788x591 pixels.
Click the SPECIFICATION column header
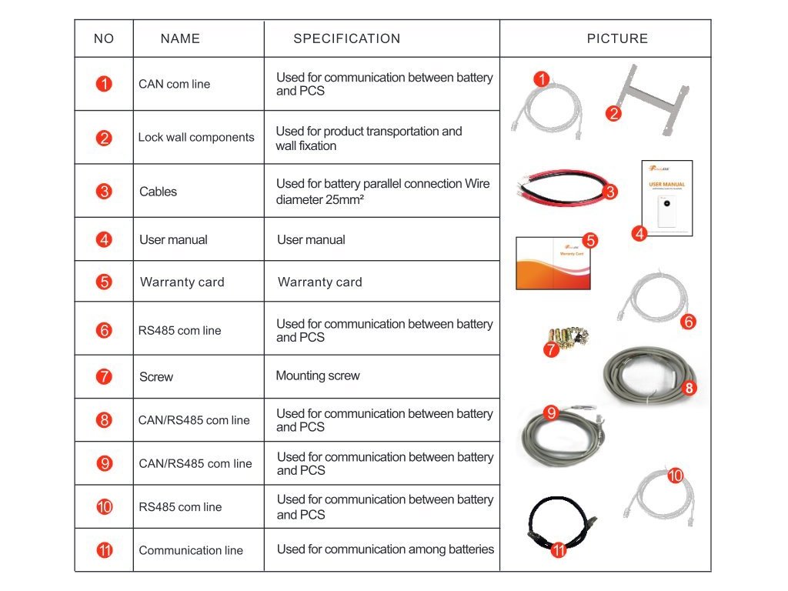point(347,38)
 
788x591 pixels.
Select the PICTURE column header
point(617,38)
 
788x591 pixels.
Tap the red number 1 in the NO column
point(104,84)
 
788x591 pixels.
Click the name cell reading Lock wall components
point(196,138)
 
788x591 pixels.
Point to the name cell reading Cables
point(159,192)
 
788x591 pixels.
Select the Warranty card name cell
point(182,282)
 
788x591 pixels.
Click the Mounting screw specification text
point(318,376)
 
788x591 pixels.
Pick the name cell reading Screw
point(156,377)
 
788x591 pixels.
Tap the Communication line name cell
point(191,550)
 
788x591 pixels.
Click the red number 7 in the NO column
point(104,377)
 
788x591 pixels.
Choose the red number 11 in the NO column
point(105,550)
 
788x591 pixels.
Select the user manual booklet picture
point(666,198)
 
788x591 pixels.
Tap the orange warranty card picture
point(552,265)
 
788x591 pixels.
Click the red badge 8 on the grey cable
point(689,389)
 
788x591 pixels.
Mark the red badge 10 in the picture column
point(675,476)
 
